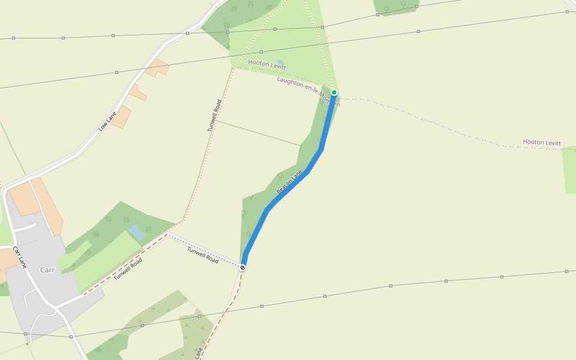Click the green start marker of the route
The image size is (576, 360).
tap(334, 92)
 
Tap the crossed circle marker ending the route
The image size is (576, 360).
tap(242, 268)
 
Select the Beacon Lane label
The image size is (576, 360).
tap(289, 182)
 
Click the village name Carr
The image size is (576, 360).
tap(47, 269)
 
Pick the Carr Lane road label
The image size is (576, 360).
tap(20, 256)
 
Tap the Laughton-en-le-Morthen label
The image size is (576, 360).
tap(308, 91)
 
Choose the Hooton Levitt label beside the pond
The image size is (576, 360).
tap(266, 65)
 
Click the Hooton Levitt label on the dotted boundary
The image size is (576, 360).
tap(541, 143)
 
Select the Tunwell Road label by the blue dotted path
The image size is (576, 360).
tap(203, 255)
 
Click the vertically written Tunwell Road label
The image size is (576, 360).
tap(214, 115)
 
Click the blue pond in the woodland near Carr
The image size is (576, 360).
tap(137, 232)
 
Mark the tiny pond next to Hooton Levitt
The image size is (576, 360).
tap(280, 62)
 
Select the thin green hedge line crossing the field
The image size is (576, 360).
tap(258, 133)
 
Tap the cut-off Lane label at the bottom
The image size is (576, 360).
tap(199, 353)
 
